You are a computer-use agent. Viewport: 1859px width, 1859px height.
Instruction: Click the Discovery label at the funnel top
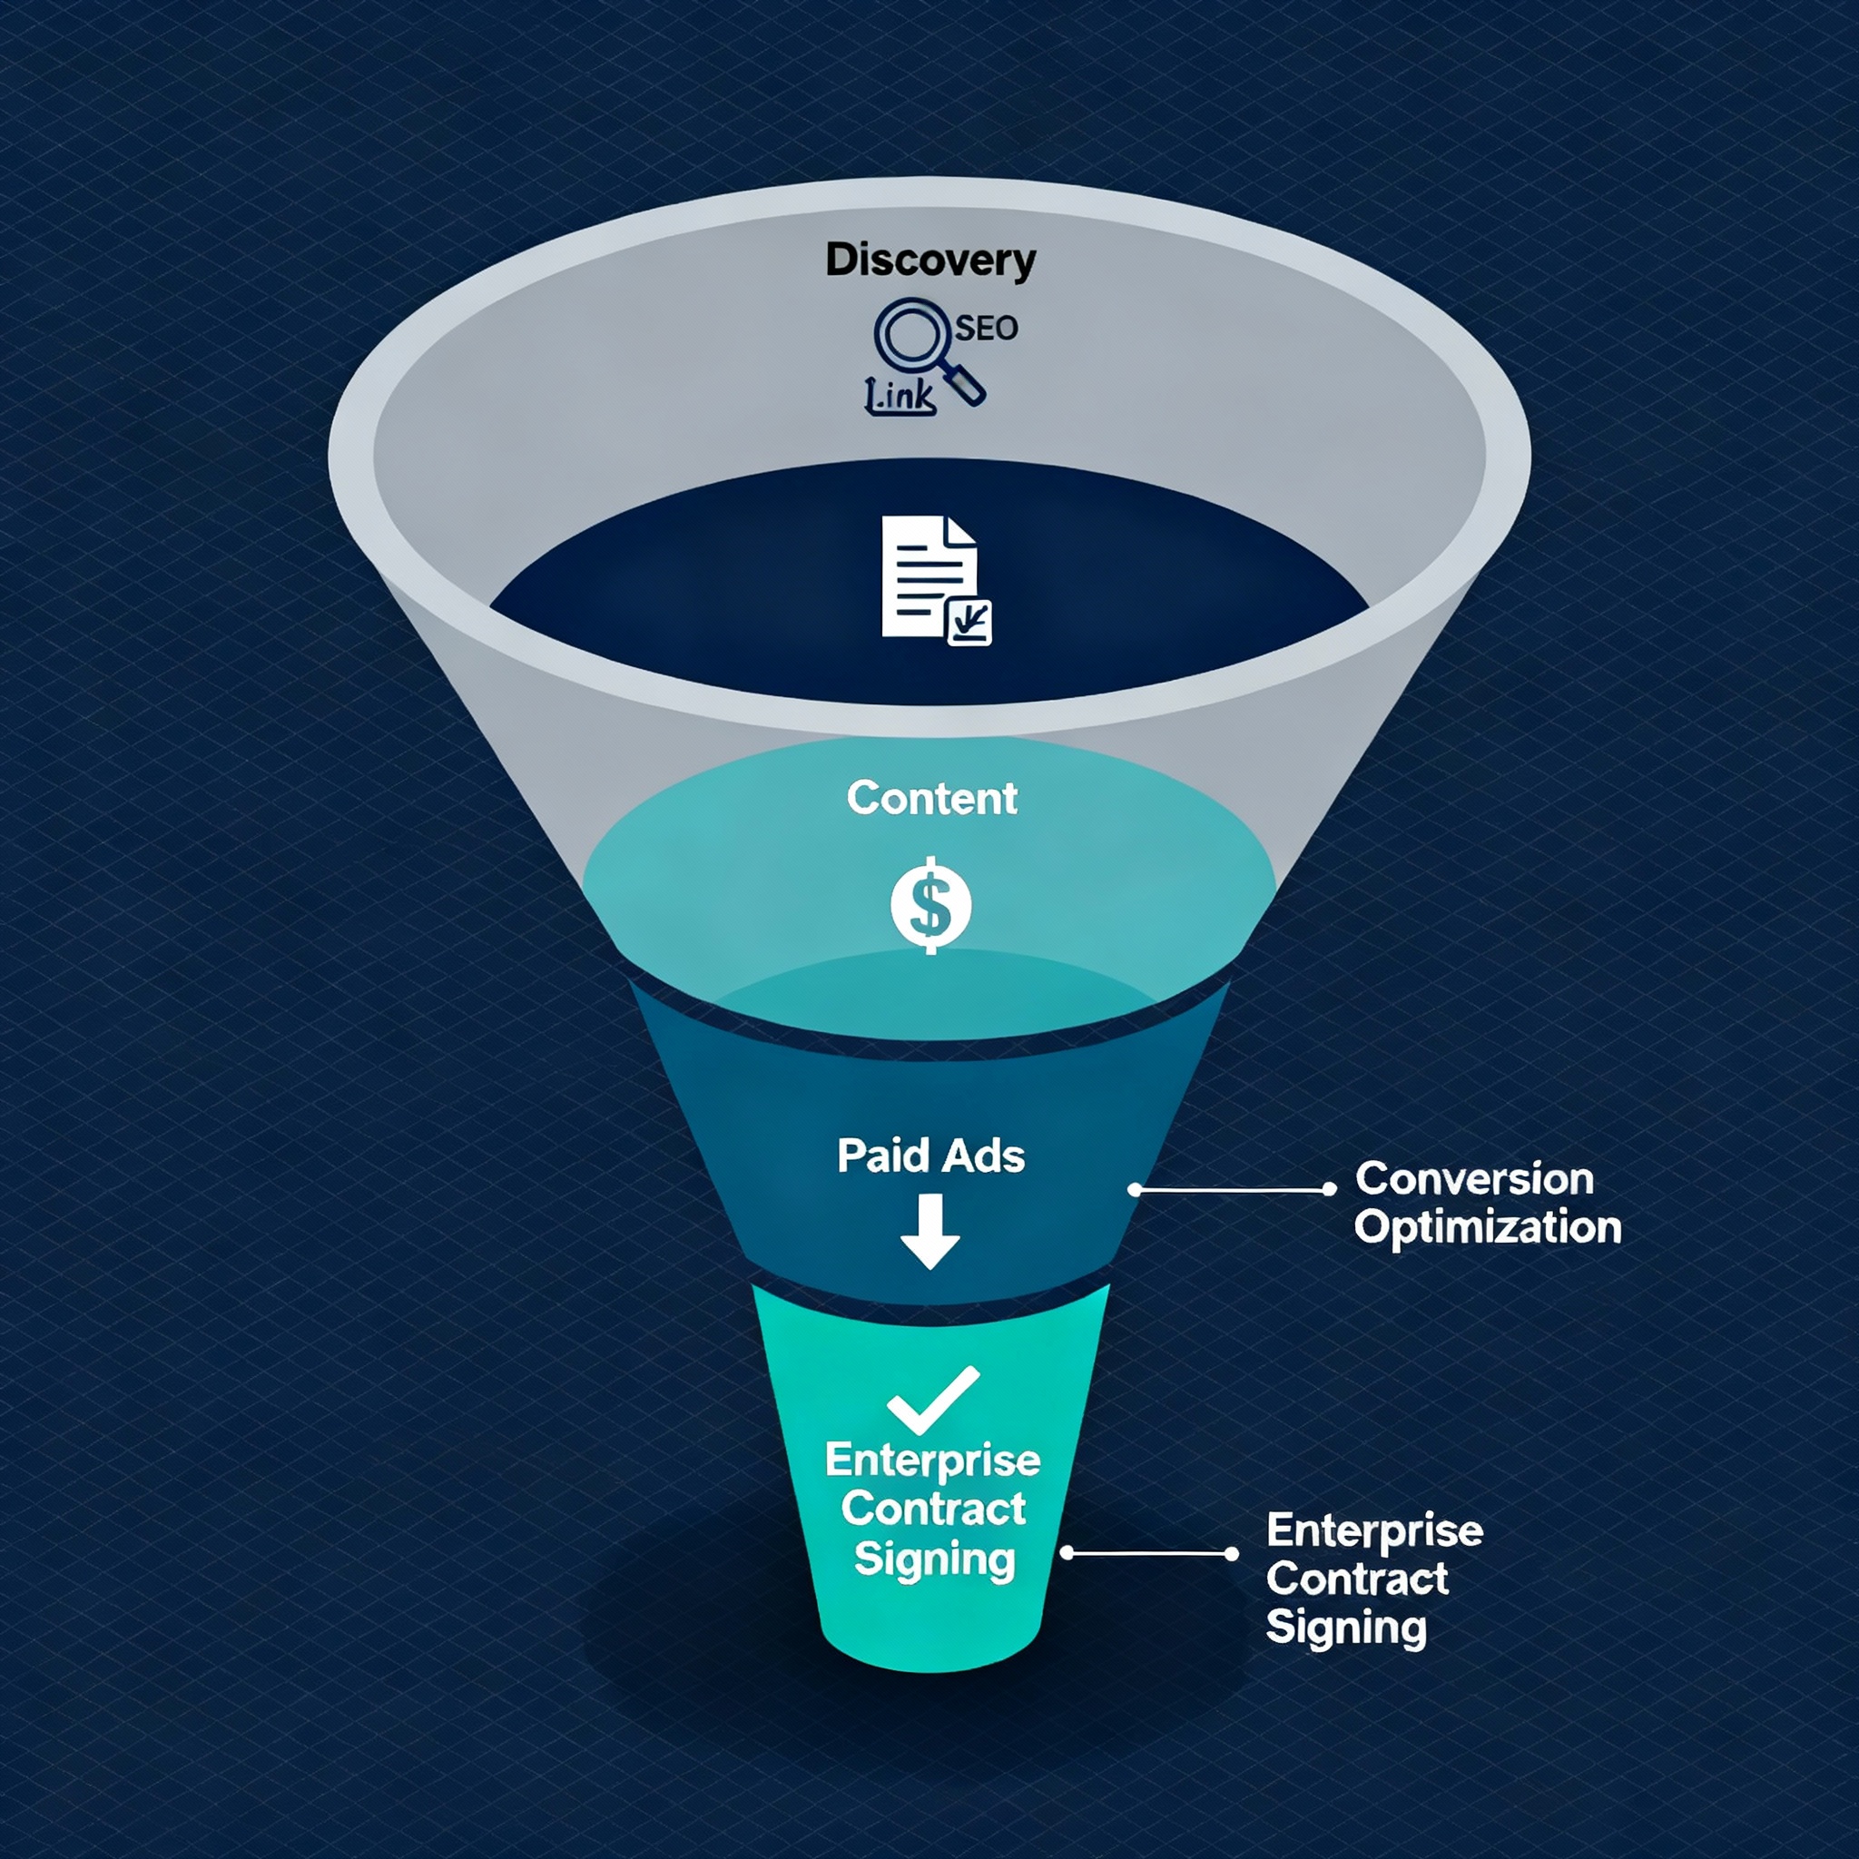coord(930,260)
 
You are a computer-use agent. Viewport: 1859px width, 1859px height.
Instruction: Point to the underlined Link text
coord(900,395)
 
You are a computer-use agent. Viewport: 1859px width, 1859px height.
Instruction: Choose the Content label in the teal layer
coord(931,798)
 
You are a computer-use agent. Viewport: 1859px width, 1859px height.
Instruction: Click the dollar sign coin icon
coord(930,904)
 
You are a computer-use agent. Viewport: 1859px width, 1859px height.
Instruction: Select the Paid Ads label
coord(930,1156)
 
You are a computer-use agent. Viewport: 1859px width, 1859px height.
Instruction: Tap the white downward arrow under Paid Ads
coord(930,1232)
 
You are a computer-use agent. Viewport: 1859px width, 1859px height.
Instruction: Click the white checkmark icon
coord(932,1399)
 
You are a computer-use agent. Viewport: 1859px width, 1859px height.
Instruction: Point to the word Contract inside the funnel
coord(933,1508)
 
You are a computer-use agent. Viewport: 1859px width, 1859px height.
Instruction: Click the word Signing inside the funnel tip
coord(934,1559)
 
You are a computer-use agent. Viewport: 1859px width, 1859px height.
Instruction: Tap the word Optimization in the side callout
coord(1488,1227)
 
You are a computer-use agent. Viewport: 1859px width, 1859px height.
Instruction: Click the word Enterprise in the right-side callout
coord(1374,1529)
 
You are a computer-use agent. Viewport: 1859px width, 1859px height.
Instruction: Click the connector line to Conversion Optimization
coord(1232,1190)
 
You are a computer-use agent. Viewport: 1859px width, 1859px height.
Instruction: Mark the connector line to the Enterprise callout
coord(1149,1553)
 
